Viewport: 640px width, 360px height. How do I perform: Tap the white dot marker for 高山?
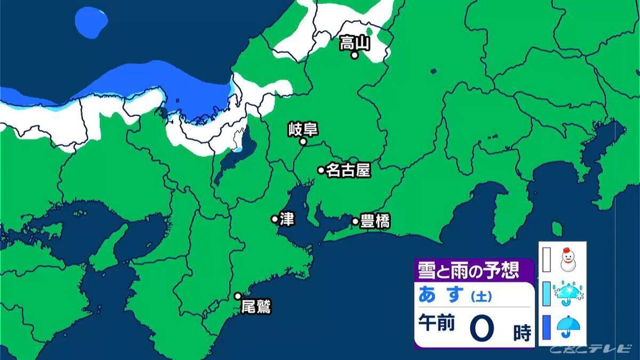pyautogui.click(x=355, y=55)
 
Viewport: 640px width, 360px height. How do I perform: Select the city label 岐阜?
pyautogui.click(x=299, y=129)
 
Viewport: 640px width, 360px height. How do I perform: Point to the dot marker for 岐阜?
pyautogui.click(x=302, y=142)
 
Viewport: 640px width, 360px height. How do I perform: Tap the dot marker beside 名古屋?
pyautogui.click(x=321, y=170)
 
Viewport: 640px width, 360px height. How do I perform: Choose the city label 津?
pyautogui.click(x=286, y=219)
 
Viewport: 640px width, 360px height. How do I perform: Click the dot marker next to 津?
pyautogui.click(x=275, y=219)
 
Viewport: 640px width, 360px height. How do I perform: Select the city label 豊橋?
pyautogui.click(x=375, y=221)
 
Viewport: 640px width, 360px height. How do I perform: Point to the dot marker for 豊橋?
pyautogui.click(x=355, y=221)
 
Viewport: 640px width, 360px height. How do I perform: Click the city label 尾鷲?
pyautogui.click(x=256, y=308)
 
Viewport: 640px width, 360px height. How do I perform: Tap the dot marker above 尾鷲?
pyautogui.click(x=238, y=296)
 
